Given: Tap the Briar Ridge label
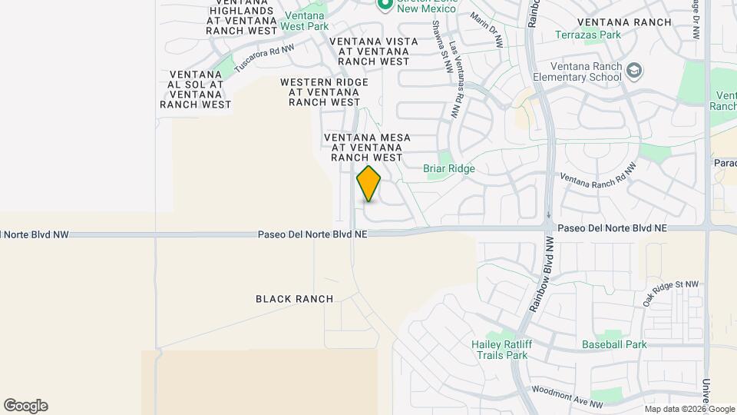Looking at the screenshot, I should click(x=449, y=168).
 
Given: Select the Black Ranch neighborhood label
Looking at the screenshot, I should click(x=295, y=299).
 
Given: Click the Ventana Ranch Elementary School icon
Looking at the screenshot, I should click(x=634, y=71).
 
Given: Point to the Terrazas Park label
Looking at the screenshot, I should click(x=588, y=35).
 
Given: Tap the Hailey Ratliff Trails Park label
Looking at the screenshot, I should click(x=499, y=350).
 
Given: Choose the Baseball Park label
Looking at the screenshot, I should click(x=614, y=344).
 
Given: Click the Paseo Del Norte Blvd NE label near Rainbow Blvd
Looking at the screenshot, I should click(x=613, y=228).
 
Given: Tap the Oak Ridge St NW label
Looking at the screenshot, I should click(x=671, y=294).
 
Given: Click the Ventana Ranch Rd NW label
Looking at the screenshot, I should click(x=599, y=178).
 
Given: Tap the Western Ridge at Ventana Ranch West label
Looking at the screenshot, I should click(x=324, y=91).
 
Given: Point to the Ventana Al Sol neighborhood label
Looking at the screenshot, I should click(x=195, y=89).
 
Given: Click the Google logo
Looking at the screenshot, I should click(x=25, y=406).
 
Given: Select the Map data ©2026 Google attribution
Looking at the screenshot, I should click(x=689, y=409).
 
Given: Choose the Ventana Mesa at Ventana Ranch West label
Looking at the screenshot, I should click(x=367, y=147).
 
